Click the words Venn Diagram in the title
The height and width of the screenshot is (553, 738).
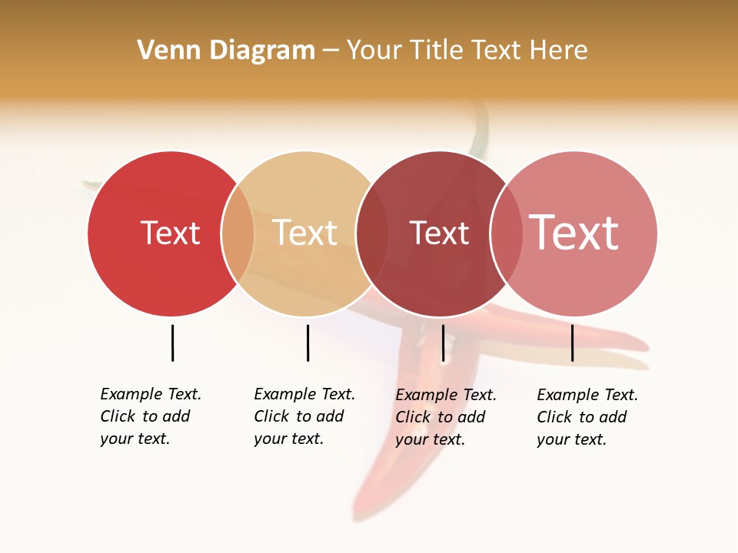(x=226, y=51)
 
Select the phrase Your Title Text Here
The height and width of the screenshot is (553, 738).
(x=467, y=51)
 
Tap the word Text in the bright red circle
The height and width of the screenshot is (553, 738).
(x=170, y=233)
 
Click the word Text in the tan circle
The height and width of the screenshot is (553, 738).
(x=304, y=233)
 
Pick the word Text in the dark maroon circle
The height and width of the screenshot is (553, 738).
(x=439, y=233)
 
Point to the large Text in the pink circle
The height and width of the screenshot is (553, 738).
(x=573, y=233)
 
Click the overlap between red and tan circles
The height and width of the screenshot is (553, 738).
(x=238, y=233)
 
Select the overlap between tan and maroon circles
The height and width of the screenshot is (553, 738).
(x=372, y=233)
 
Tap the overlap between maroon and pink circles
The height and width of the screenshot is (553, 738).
(x=506, y=233)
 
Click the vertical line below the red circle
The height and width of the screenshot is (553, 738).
(x=172, y=343)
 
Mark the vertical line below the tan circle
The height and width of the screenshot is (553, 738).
(x=307, y=343)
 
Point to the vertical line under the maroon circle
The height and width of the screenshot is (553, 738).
(x=443, y=343)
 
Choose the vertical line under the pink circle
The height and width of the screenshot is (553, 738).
(x=572, y=343)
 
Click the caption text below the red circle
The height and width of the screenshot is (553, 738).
(x=151, y=416)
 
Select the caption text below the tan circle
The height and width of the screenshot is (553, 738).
(x=304, y=416)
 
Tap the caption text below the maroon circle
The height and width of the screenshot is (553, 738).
(x=446, y=417)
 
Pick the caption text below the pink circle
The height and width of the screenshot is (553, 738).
(x=587, y=417)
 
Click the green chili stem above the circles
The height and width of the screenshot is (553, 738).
(x=481, y=127)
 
